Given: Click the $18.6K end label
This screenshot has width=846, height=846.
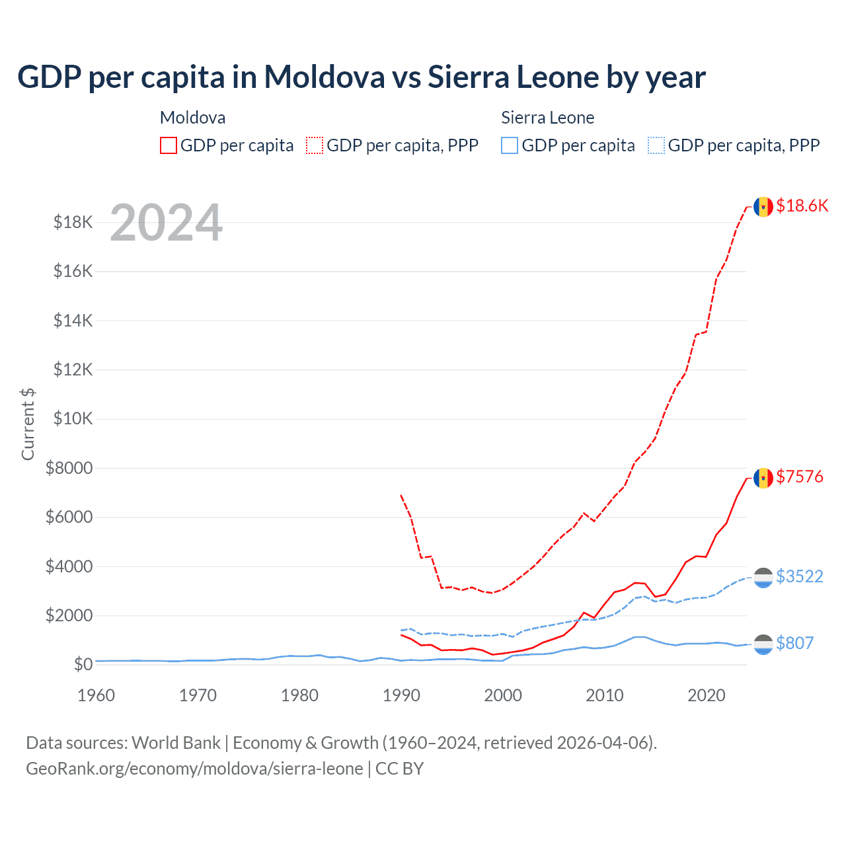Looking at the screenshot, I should click(x=802, y=206).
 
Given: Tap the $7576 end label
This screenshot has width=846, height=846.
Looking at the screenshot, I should click(x=800, y=477).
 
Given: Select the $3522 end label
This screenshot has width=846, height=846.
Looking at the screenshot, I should click(x=800, y=576).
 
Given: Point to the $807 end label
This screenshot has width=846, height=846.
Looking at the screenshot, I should click(x=794, y=643).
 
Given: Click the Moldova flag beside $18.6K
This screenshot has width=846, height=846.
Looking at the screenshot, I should click(x=763, y=206).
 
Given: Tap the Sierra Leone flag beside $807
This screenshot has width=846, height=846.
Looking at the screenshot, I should click(x=763, y=644).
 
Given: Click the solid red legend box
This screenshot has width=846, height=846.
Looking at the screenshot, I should click(x=169, y=145).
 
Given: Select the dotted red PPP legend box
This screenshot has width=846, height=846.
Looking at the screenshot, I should click(x=315, y=145).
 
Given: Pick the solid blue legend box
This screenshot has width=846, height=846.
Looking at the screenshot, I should click(x=510, y=145).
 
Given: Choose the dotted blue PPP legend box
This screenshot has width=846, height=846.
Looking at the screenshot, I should click(x=656, y=145).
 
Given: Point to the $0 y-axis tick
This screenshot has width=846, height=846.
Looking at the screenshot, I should click(x=83, y=664).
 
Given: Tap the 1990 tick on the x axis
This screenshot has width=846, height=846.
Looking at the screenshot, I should click(x=401, y=695).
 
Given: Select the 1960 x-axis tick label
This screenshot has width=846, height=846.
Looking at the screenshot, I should click(x=96, y=695).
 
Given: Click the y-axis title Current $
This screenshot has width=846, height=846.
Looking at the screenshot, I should click(x=28, y=424).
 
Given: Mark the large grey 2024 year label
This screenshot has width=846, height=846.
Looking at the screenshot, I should click(x=166, y=223).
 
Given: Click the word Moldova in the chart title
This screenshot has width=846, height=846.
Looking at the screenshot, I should click(x=325, y=77).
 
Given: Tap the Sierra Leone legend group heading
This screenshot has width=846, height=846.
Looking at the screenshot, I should click(x=547, y=118).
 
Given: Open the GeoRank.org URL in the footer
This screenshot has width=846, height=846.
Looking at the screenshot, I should click(x=194, y=769).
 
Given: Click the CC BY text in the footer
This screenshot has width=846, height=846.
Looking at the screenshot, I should click(x=399, y=769).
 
